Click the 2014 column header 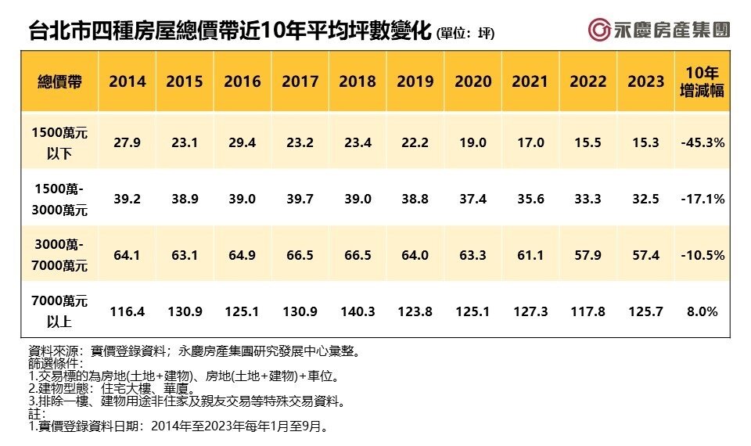128,81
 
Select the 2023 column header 646,81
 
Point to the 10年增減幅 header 702,82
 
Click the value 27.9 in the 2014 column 128,143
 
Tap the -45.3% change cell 702,143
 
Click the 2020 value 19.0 473,143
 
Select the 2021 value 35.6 530,200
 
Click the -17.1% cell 702,200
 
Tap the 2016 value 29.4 243,143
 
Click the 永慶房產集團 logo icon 600,30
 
